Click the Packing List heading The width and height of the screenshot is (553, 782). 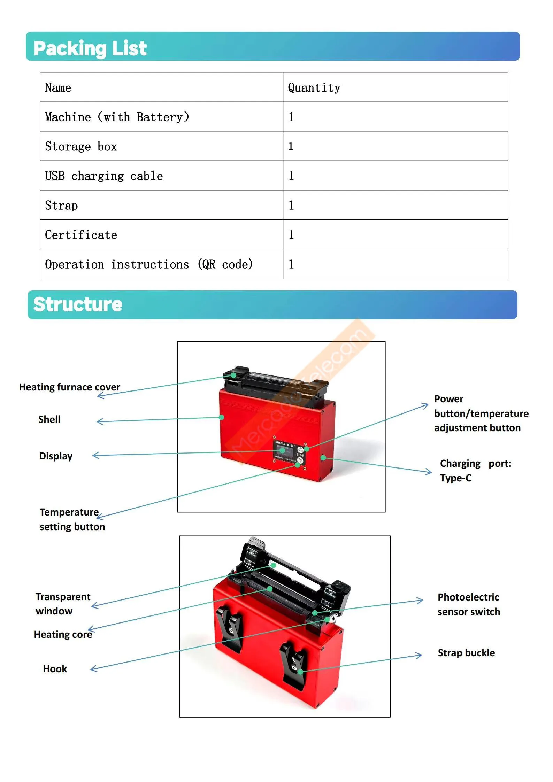90,48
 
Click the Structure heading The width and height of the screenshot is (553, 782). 78,304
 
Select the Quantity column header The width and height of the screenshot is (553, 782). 314,88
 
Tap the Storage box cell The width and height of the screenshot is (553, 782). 81,147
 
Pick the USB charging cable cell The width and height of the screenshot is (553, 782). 104,176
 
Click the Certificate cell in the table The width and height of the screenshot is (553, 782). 81,235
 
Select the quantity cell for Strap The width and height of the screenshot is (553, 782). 291,205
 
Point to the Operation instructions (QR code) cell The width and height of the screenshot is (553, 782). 149,264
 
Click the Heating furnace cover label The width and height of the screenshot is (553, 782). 69,387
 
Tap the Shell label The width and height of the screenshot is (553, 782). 49,419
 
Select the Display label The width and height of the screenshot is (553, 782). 56,456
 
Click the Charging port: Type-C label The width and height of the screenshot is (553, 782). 475,471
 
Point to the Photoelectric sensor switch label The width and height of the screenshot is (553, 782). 468,604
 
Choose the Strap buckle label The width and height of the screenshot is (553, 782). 466,653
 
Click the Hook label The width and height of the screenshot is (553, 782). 55,669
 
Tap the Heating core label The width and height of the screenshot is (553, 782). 63,635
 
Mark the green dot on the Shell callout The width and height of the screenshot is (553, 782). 222,417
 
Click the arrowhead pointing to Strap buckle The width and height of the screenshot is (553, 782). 420,656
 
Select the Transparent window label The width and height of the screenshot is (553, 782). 63,604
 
